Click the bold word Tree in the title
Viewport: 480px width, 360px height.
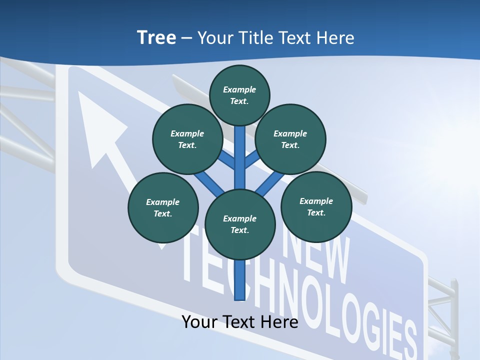[156, 38]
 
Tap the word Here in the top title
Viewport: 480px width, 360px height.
[334, 38]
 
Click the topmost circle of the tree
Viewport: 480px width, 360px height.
[239, 95]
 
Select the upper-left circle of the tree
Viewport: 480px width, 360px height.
[187, 139]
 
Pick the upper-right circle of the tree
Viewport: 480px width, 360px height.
[290, 139]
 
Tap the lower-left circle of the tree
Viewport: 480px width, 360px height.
[163, 207]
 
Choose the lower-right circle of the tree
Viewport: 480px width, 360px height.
[316, 206]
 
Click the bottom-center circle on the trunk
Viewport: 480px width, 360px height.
[240, 224]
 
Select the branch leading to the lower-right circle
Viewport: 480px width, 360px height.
[270, 182]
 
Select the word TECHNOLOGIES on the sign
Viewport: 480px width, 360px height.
[310, 300]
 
